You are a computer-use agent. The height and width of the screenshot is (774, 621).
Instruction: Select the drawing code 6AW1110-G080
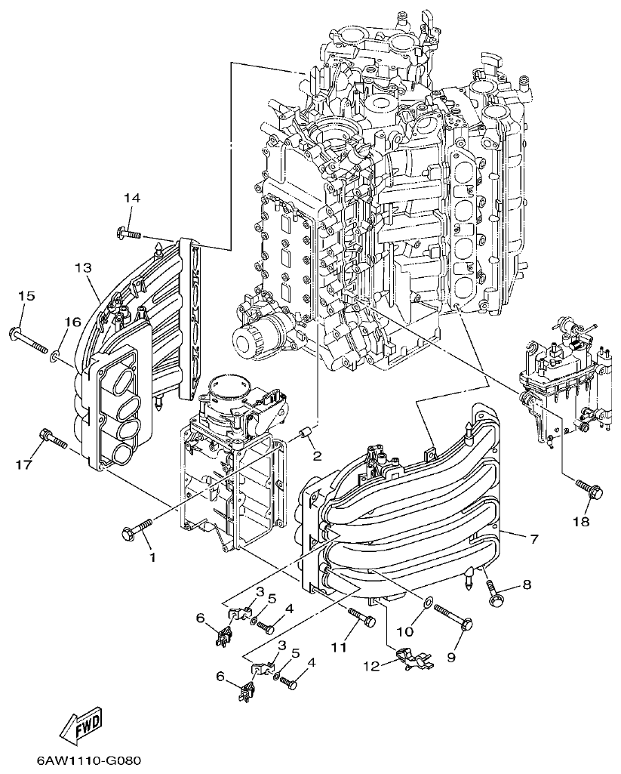click(x=88, y=759)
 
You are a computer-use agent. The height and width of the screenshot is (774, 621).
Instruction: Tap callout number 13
click(x=83, y=268)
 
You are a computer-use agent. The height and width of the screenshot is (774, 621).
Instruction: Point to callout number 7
click(x=533, y=538)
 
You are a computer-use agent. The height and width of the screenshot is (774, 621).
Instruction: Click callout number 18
click(x=581, y=521)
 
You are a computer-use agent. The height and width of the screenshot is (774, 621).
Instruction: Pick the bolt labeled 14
click(x=129, y=233)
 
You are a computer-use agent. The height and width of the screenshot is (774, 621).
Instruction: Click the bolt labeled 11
click(x=362, y=618)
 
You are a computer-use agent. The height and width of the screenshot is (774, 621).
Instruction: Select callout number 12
click(x=370, y=665)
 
